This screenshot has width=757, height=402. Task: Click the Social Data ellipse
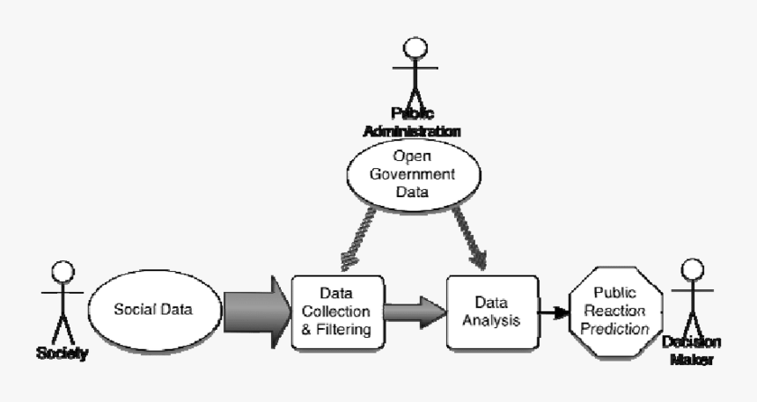pyautogui.click(x=154, y=309)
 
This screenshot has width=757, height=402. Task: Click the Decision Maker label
pyautogui.click(x=693, y=350)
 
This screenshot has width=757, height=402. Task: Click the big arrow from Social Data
pyautogui.click(x=256, y=310)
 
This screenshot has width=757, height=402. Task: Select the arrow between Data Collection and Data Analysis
pyautogui.click(x=413, y=312)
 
